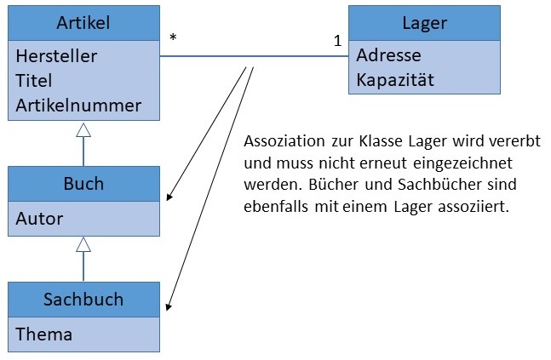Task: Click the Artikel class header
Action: point(83,22)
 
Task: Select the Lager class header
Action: point(423,22)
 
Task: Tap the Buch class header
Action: point(83,184)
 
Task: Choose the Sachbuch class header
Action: point(83,300)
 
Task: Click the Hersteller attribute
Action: point(56,56)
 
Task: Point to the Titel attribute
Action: point(34,81)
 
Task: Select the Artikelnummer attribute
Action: point(78,106)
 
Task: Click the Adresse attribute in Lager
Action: point(388,56)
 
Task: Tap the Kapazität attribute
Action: point(395,81)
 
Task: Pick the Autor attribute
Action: point(39,219)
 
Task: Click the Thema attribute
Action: point(43,334)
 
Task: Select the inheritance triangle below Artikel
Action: point(83,130)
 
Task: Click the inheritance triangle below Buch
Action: point(83,245)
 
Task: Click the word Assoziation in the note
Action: point(282,140)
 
